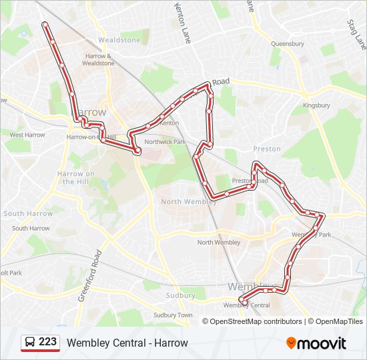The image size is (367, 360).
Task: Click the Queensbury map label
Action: tap(288, 44)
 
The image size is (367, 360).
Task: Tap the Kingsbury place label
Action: tap(316, 105)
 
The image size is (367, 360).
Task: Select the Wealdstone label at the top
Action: tap(119, 40)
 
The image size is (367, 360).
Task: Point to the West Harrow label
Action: tap(27, 135)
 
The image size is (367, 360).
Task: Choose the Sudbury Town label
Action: tap(173, 315)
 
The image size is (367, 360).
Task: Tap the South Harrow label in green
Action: tap(28, 214)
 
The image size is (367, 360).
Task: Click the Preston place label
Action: tap(267, 150)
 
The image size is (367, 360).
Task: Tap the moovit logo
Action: tap(316, 343)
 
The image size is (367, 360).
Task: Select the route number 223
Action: tap(47, 342)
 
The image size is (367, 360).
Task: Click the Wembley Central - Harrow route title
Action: tap(127, 343)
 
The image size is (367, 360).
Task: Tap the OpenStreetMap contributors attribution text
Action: tap(256, 321)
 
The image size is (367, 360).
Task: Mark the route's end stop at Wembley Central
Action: tap(244, 303)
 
